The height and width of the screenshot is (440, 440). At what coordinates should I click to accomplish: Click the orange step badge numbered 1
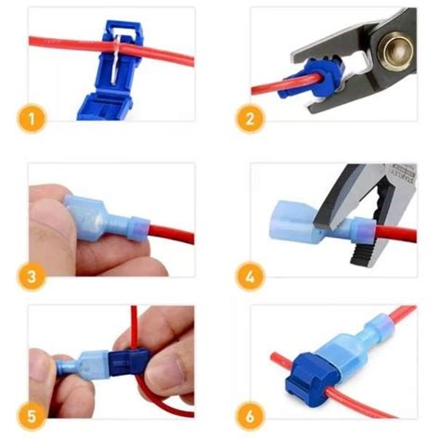click(32, 119)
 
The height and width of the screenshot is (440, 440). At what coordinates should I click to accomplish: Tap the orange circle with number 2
click(250, 119)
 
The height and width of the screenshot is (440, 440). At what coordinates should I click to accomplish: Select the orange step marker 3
click(32, 277)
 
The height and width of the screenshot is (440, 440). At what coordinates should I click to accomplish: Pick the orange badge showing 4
click(250, 277)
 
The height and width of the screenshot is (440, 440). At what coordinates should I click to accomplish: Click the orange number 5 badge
click(32, 417)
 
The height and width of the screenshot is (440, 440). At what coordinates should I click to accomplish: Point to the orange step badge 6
click(250, 417)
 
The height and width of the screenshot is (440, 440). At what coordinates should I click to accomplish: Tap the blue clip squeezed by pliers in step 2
click(313, 79)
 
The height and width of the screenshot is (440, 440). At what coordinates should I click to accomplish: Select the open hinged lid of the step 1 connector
click(105, 108)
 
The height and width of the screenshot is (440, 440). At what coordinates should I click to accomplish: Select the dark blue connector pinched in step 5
click(129, 364)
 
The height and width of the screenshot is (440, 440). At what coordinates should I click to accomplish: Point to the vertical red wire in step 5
click(134, 328)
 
